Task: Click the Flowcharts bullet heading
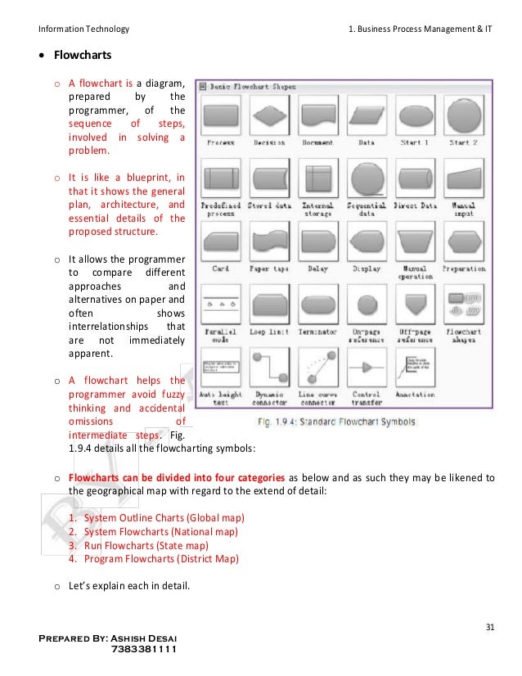point(82,57)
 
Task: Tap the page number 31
point(489,628)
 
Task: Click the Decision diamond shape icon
point(268,115)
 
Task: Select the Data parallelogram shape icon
point(366,115)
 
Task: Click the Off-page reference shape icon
point(415,305)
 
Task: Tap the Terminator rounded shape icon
point(317,305)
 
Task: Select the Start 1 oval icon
point(415,115)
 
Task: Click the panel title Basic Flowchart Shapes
point(254,85)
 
